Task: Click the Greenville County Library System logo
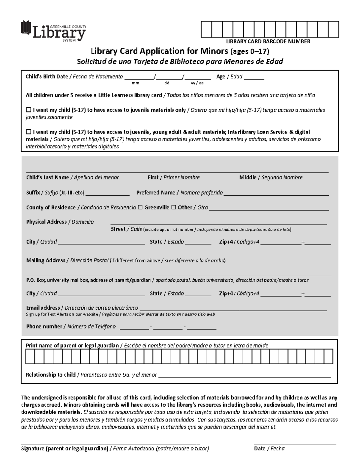pos(53,31)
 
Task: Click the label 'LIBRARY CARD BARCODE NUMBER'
pos(268,41)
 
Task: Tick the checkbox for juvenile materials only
pos(29,110)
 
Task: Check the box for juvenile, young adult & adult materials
pos(29,132)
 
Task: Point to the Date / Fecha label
pos(269,449)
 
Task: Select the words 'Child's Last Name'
pos(47,177)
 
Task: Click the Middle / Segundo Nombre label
pos(271,177)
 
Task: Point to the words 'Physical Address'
pos(46,222)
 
